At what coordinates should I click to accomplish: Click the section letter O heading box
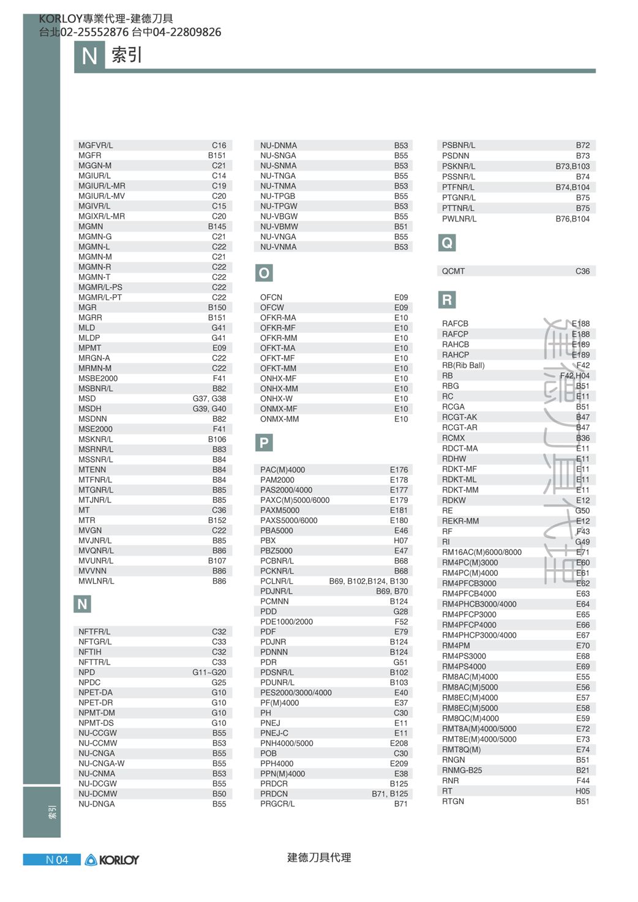(x=264, y=273)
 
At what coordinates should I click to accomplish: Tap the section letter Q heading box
(x=447, y=243)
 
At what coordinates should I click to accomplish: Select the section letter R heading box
(x=447, y=300)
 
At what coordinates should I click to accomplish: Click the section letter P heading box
(x=264, y=443)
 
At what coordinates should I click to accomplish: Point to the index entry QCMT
(x=453, y=271)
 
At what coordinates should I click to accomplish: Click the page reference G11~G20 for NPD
(x=209, y=672)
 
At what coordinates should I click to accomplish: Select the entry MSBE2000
(x=98, y=378)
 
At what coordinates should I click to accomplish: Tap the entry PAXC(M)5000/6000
(x=295, y=500)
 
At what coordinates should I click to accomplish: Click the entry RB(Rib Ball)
(x=463, y=365)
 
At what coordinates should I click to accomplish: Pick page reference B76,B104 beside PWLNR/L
(x=572, y=218)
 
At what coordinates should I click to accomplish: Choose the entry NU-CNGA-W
(x=101, y=763)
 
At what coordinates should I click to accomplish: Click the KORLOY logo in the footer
(x=112, y=860)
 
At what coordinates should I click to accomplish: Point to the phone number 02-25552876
(x=94, y=32)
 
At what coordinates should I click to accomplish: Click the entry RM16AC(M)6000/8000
(x=482, y=552)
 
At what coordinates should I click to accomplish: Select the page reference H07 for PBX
(x=400, y=540)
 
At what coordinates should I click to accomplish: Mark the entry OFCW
(x=272, y=307)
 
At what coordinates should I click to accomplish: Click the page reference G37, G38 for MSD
(x=209, y=398)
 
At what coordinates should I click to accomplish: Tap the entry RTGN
(x=453, y=801)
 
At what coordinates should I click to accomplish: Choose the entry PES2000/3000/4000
(x=296, y=693)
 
